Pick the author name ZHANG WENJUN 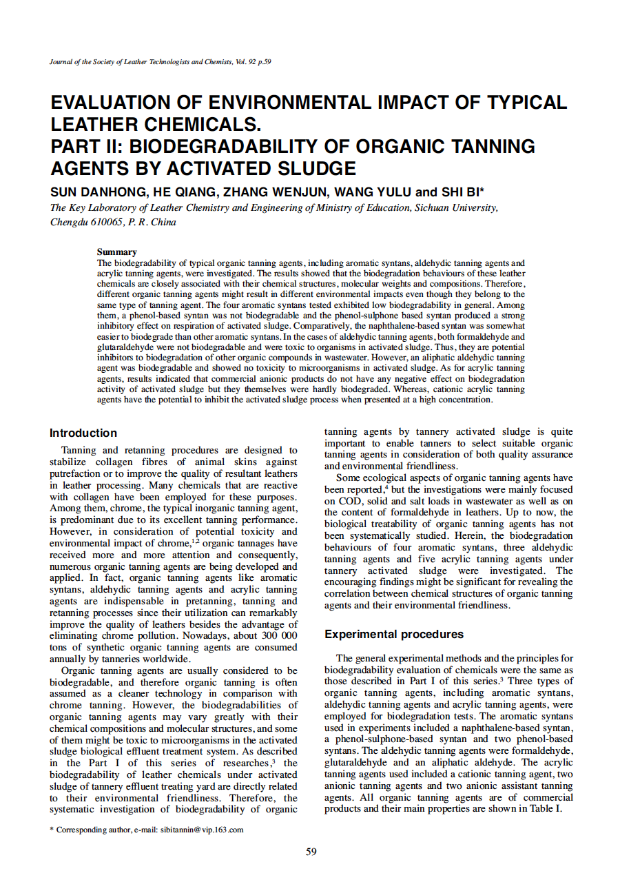[267, 192]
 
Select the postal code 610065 [105, 222]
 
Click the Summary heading [116, 252]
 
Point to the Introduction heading [83, 433]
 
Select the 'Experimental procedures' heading [394, 634]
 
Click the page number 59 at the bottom [311, 852]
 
